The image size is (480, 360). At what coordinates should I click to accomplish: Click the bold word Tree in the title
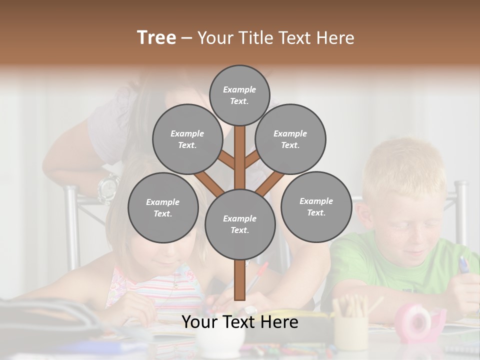(x=156, y=37)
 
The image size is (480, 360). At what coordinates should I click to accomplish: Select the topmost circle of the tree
(x=239, y=95)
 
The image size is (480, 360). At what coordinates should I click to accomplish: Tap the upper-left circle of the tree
(x=187, y=139)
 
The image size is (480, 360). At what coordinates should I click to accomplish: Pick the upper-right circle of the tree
(x=290, y=139)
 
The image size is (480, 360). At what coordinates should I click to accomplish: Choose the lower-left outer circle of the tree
(x=163, y=207)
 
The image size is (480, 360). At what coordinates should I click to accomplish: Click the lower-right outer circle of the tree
(x=316, y=206)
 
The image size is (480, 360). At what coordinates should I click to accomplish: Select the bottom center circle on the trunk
(x=240, y=224)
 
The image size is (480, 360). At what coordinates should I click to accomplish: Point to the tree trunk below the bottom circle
(x=240, y=280)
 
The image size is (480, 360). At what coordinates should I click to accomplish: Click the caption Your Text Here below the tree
(x=240, y=322)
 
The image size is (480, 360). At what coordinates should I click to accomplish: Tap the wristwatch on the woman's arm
(x=108, y=187)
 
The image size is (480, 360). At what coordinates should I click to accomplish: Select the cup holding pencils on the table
(x=350, y=330)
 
